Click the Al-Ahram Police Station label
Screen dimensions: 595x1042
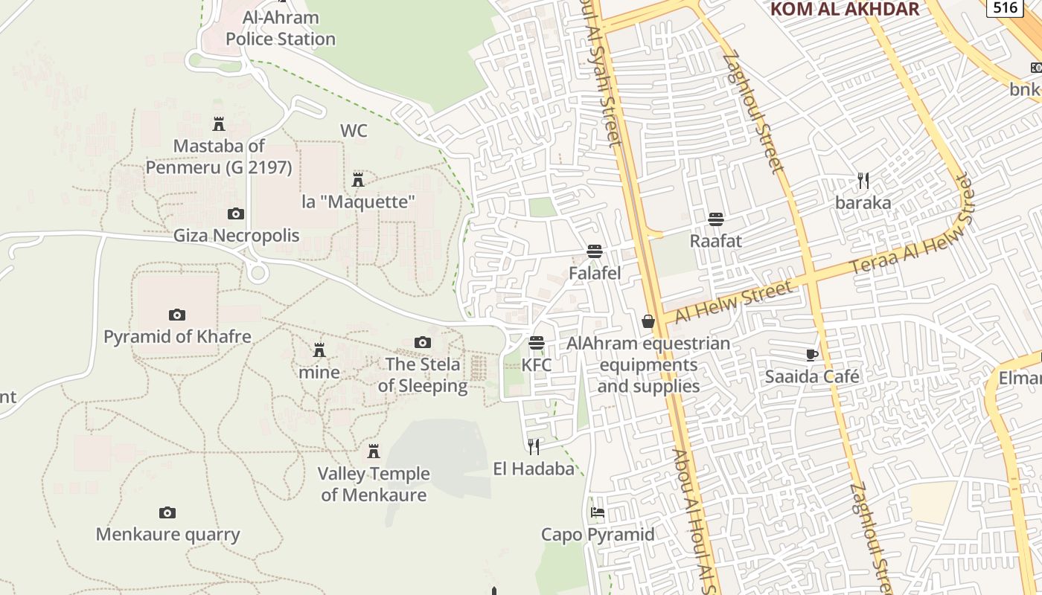point(281,28)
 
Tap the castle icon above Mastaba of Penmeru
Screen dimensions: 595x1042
point(219,123)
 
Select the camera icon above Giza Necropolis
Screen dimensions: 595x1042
point(236,214)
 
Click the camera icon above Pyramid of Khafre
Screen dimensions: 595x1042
point(177,315)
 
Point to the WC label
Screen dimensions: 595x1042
point(354,131)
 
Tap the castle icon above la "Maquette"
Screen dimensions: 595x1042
point(358,179)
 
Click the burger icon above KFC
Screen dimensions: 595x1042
point(537,343)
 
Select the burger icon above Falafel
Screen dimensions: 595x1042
point(594,251)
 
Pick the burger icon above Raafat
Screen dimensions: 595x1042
point(716,219)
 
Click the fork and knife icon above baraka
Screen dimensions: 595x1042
point(863,180)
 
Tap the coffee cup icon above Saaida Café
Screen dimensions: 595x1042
point(812,355)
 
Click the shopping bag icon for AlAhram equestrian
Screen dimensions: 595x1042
point(648,321)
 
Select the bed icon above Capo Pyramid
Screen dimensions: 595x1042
point(598,512)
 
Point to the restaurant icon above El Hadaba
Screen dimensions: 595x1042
point(534,446)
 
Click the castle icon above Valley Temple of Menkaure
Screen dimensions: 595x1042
point(374,451)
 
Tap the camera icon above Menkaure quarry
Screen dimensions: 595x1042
point(167,512)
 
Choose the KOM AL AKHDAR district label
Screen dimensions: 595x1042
point(845,9)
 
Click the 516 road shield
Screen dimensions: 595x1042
point(1005,7)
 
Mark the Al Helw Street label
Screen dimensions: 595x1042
point(733,302)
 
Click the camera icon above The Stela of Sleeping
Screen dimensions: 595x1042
point(423,342)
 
